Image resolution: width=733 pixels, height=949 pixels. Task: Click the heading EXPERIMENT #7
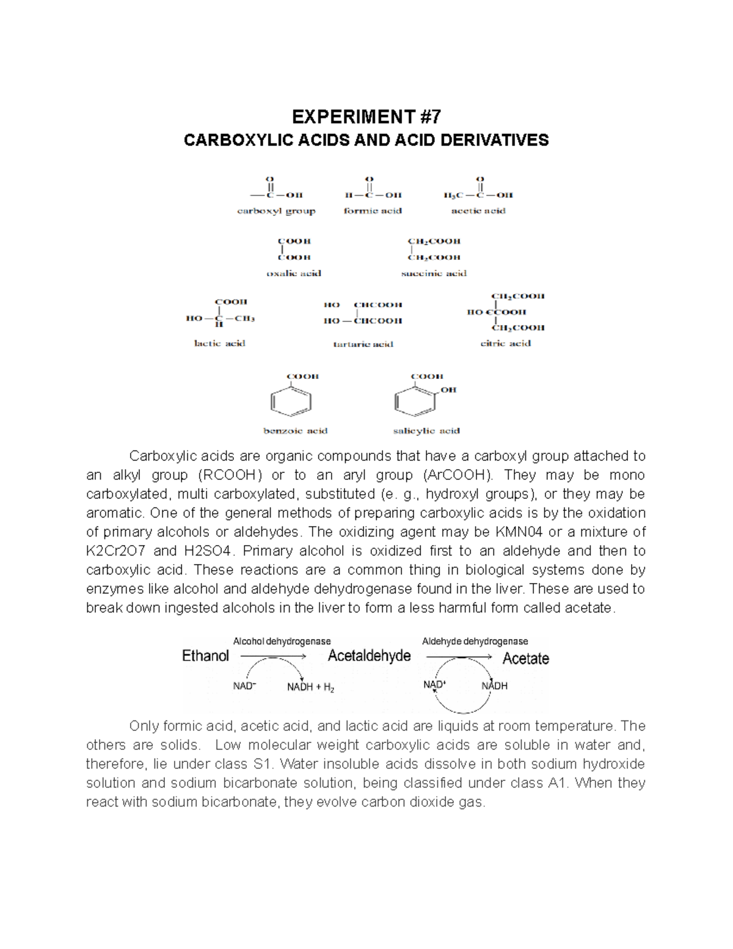[x=366, y=117]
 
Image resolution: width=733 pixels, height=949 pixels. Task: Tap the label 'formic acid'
[x=373, y=211]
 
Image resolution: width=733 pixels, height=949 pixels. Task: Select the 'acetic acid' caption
[x=478, y=211]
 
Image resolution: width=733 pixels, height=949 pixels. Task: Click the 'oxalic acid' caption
[x=294, y=273]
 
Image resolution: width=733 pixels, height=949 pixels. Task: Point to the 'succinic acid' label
[x=434, y=273]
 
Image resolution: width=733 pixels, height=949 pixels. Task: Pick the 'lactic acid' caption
[x=219, y=343]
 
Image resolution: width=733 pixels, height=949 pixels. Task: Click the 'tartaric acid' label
[x=363, y=344]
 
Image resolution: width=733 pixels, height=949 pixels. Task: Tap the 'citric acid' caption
[x=505, y=343]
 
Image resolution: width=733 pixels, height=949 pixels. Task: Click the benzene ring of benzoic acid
[x=291, y=403]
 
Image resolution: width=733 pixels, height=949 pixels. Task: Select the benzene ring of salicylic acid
[x=414, y=403]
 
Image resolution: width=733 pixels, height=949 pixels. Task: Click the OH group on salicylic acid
[x=448, y=390]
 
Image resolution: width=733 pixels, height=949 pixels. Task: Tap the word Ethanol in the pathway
[x=205, y=656]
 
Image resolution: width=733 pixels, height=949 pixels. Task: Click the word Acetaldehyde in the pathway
[x=369, y=656]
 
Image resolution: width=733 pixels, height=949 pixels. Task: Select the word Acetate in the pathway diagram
[x=525, y=659]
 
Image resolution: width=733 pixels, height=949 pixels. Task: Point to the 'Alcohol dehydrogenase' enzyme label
[x=282, y=641]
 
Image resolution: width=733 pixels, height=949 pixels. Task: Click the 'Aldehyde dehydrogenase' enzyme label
[x=475, y=641]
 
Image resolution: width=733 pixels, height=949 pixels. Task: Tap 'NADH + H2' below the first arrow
[x=310, y=687]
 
